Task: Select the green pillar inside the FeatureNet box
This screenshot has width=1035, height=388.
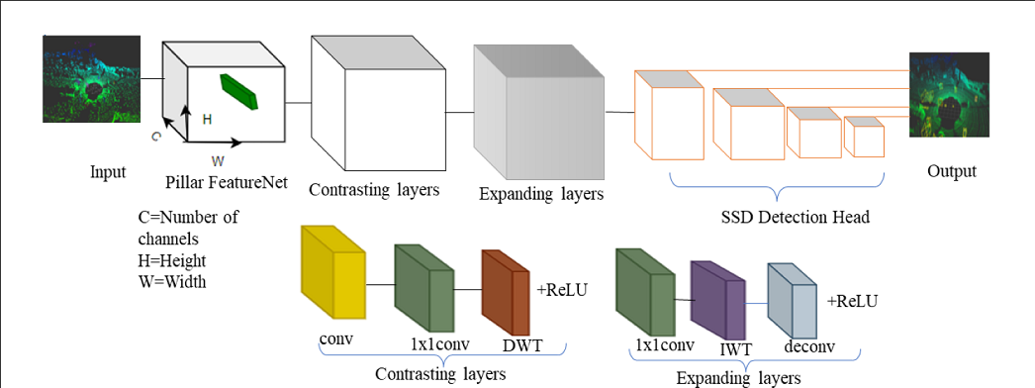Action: pos(237,90)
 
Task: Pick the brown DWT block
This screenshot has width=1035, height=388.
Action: pos(507,293)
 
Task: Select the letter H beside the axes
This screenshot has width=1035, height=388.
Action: pos(207,119)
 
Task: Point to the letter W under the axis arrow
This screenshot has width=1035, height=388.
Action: pos(218,158)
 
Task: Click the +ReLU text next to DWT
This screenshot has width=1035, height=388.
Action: pos(561,289)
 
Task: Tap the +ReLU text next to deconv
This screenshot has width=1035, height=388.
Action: pos(852,301)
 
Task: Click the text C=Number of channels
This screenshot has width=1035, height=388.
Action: pos(188,227)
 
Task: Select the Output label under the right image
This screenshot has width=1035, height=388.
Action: pos(951,171)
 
